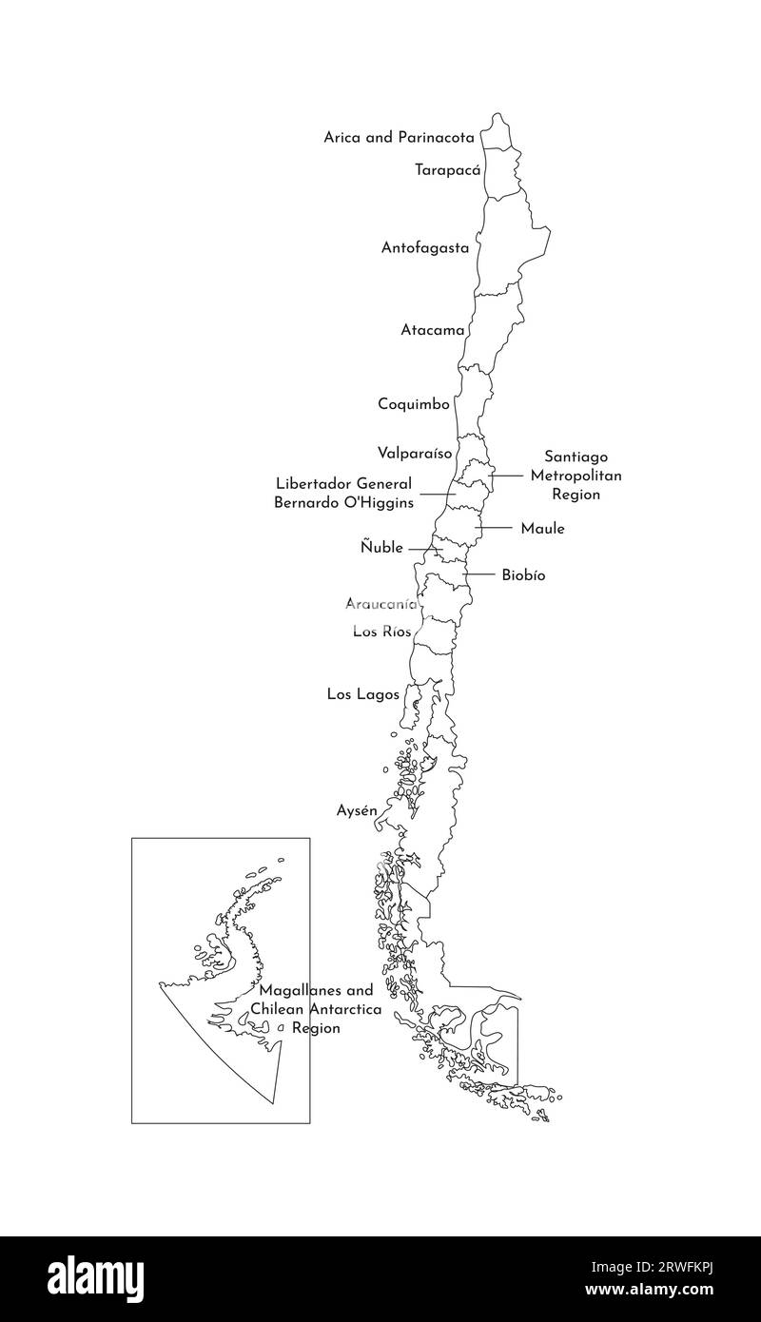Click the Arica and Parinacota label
[x=399, y=137]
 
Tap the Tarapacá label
[x=447, y=170]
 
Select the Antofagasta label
[x=425, y=247]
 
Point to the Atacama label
[x=433, y=331]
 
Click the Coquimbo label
[x=414, y=404]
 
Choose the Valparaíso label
[x=415, y=453]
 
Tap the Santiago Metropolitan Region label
[x=576, y=476]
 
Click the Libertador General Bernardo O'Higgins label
[x=343, y=493]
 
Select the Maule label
[x=542, y=528]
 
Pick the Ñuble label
[x=381, y=548]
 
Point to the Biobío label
[x=523, y=574]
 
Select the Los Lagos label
[x=363, y=694]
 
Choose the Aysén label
[x=358, y=810]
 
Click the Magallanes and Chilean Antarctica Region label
[x=316, y=1009]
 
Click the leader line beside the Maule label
[x=495, y=528]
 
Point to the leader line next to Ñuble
[x=425, y=549]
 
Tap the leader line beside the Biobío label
[x=478, y=574]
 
